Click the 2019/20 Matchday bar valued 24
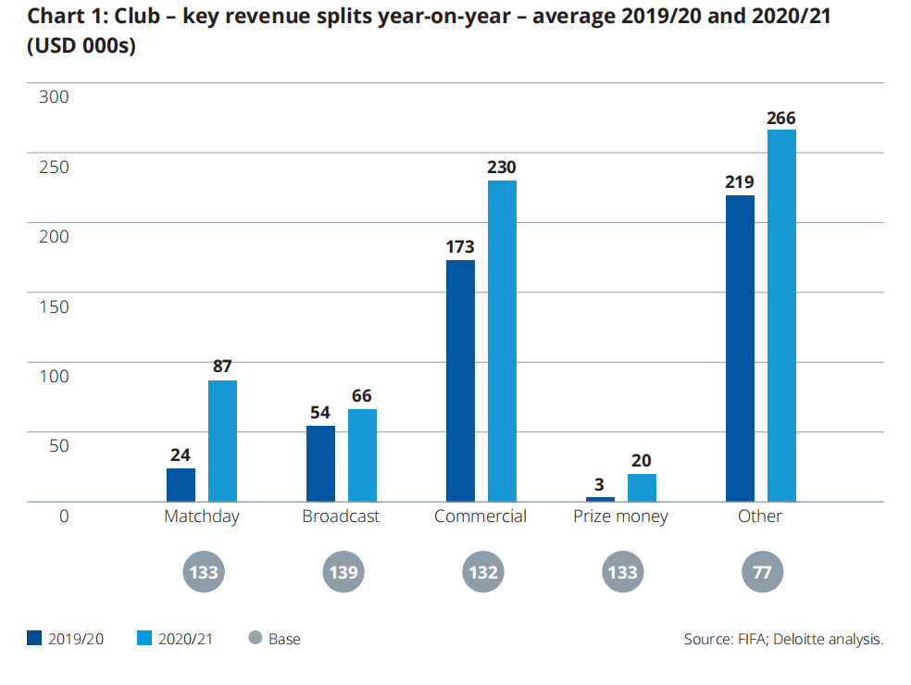pos(181,484)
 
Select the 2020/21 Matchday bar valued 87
pos(222,441)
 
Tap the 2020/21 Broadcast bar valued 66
pos(362,455)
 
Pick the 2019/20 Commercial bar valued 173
pos(460,380)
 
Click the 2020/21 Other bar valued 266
pos(781,316)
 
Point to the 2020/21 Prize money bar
pos(642,487)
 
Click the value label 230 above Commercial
pos(502,168)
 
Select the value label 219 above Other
pos(740,182)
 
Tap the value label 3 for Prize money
pos(600,484)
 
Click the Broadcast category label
pos(341,517)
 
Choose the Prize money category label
pos(620,517)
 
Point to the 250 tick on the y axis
pos(54,167)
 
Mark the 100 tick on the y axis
pos(54,376)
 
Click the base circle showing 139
pos(343,572)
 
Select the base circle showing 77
pos(762,572)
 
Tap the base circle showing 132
pos(483,572)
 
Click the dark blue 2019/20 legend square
pos(34,639)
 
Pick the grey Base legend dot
pos(256,639)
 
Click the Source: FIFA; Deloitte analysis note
pos(783,639)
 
